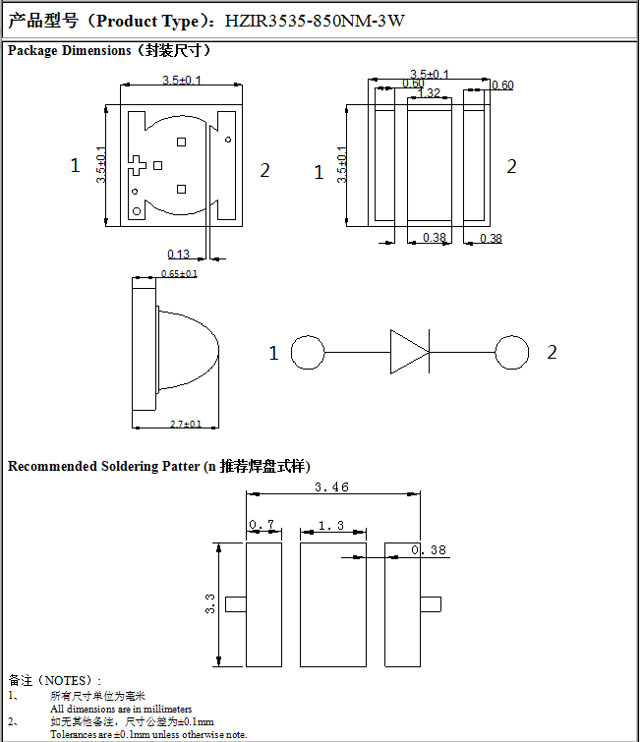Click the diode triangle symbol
coord(409,351)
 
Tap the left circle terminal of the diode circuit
coord(308,352)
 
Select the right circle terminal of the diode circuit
coord(511,351)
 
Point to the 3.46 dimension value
coord(331,487)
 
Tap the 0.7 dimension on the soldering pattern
coord(263,526)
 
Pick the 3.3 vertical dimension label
coord(209,604)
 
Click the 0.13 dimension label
coord(179,255)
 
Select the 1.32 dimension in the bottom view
coord(429,93)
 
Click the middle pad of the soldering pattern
coord(332,603)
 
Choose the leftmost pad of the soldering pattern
coord(263,603)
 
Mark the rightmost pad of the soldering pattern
coord(402,603)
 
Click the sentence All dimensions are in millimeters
coord(121,709)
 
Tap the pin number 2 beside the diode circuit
coord(552,352)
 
